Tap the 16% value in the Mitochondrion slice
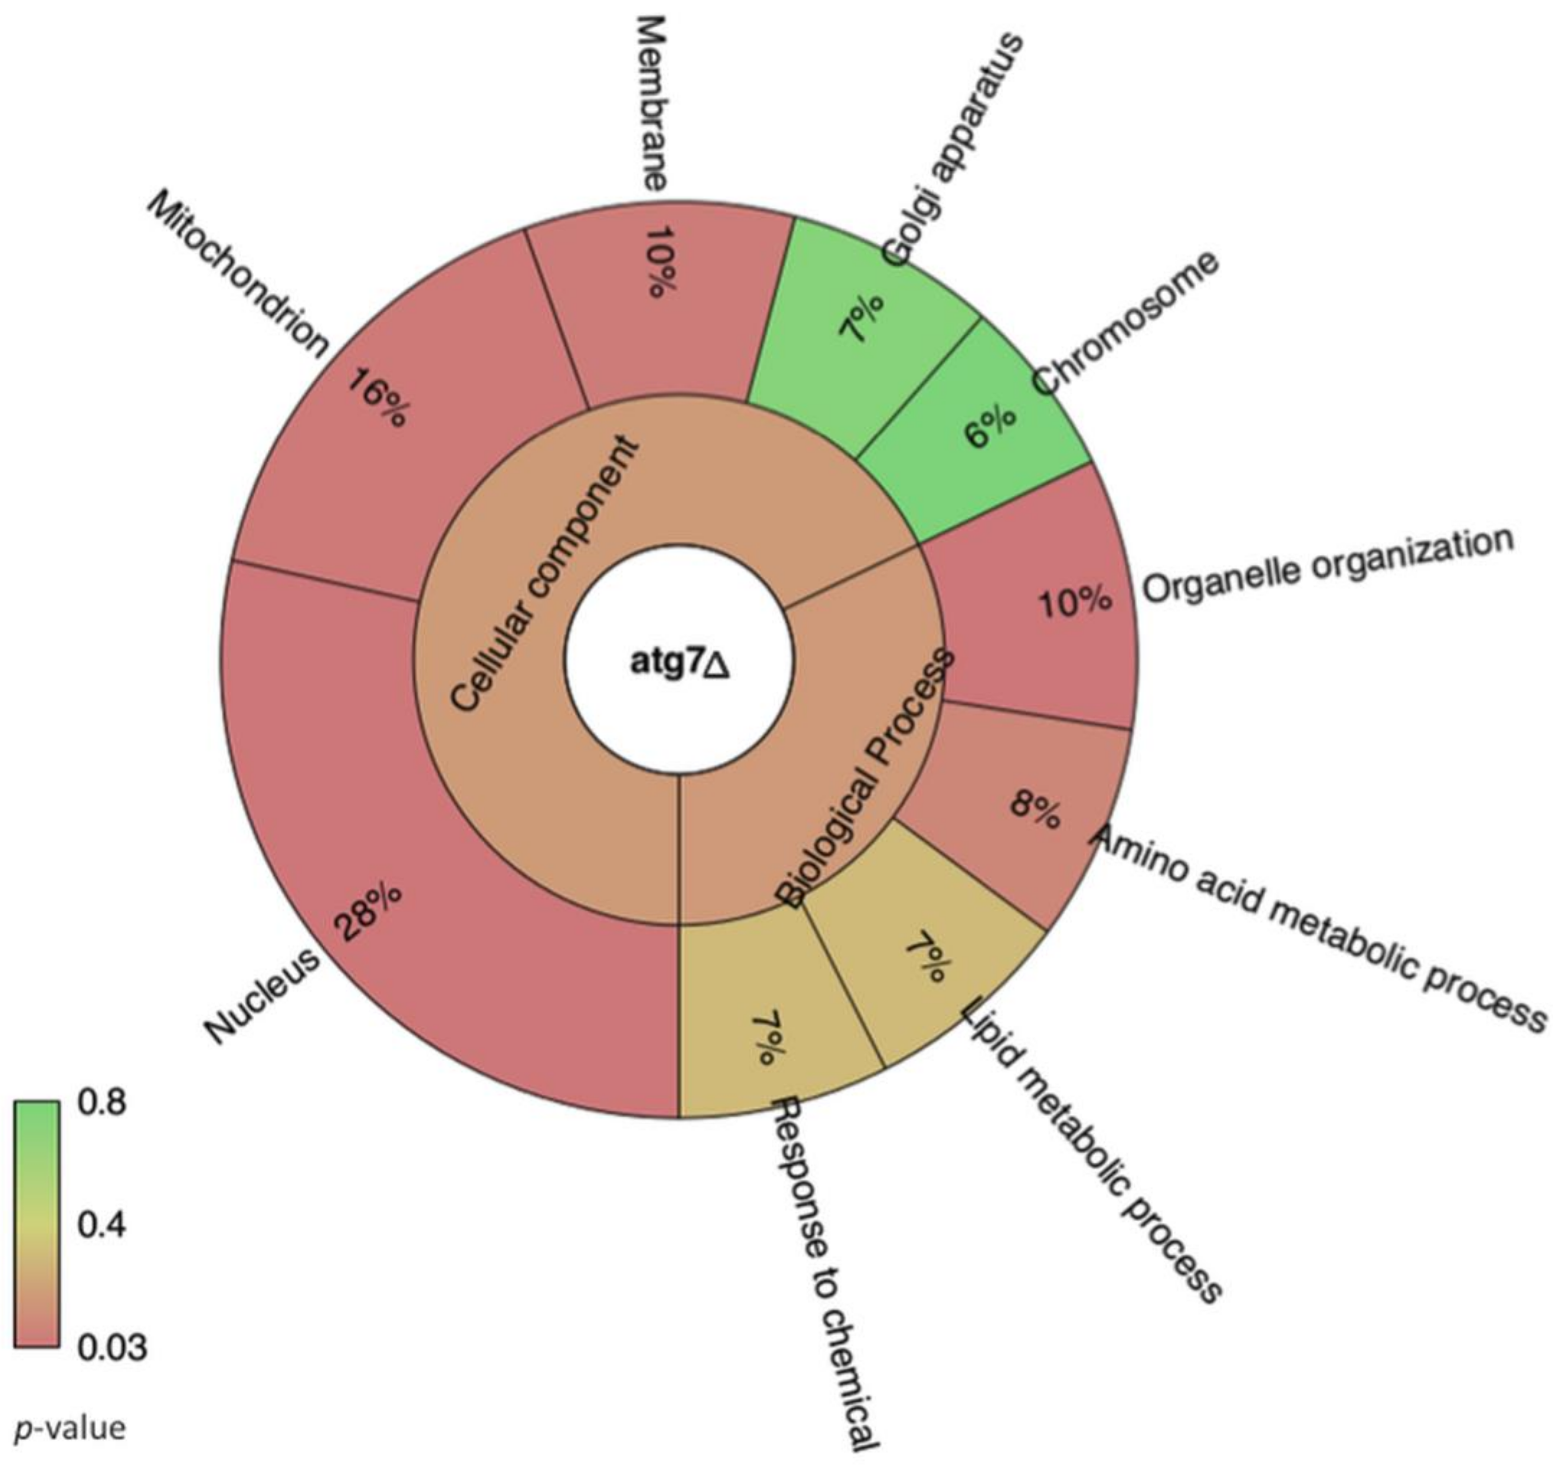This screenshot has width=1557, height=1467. tap(378, 398)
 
